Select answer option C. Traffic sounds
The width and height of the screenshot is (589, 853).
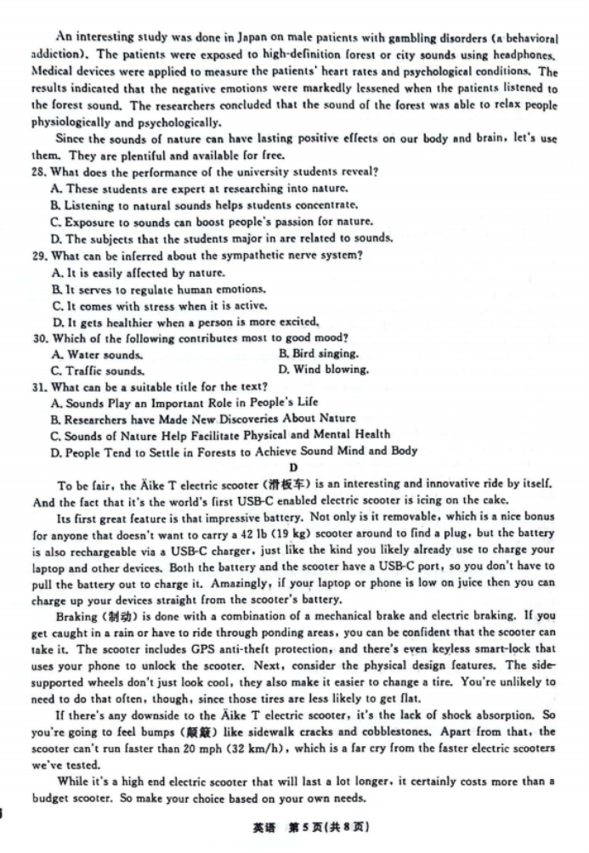97,370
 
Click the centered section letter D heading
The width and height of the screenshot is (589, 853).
294,467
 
